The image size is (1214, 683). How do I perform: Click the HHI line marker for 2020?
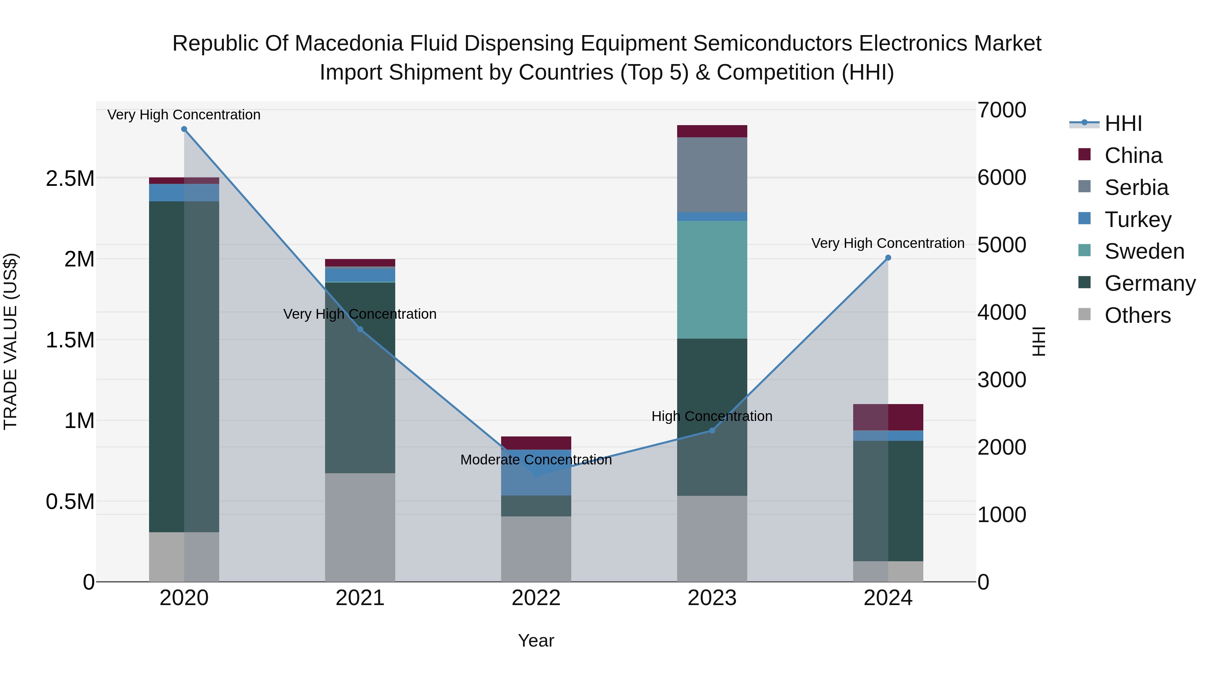tap(184, 129)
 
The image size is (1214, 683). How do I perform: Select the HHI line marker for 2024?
tap(888, 258)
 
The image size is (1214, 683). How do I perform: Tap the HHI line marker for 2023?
tap(712, 430)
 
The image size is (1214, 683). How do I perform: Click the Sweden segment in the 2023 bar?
tap(712, 280)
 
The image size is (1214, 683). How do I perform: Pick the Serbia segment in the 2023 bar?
tap(712, 174)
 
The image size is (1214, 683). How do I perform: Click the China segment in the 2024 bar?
tap(888, 417)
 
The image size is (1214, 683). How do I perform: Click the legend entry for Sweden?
tap(1144, 251)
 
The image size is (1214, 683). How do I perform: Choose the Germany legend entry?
tap(1150, 283)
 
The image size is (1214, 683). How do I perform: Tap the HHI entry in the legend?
tap(1123, 123)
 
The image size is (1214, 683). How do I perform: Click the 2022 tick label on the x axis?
tap(536, 598)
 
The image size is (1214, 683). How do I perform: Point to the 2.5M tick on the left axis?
tap(70, 179)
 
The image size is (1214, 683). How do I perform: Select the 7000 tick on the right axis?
tap(1002, 110)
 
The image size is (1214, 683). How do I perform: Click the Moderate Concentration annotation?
tap(536, 460)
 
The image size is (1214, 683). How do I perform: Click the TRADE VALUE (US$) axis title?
tap(10, 341)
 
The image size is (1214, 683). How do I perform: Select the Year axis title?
tap(536, 641)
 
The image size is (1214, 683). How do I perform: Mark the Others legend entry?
tap(1137, 315)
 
